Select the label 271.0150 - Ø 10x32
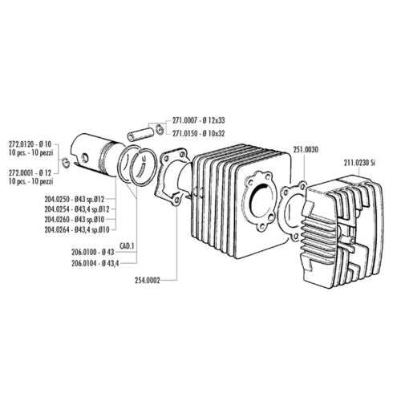[x=199, y=133]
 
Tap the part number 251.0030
[x=306, y=150]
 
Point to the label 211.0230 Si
[x=359, y=163]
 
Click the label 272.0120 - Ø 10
[x=34, y=144]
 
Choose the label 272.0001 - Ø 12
[x=34, y=173]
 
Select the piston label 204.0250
[x=57, y=200]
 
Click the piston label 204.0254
[x=57, y=209]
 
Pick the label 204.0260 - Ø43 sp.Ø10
[x=75, y=220]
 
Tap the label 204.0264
[x=57, y=230]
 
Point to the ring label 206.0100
[x=84, y=252]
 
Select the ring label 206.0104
[x=84, y=263]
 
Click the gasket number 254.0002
[x=148, y=281]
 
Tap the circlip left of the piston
[x=66, y=163]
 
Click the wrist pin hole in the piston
[x=85, y=158]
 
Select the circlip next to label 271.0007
[x=160, y=130]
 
